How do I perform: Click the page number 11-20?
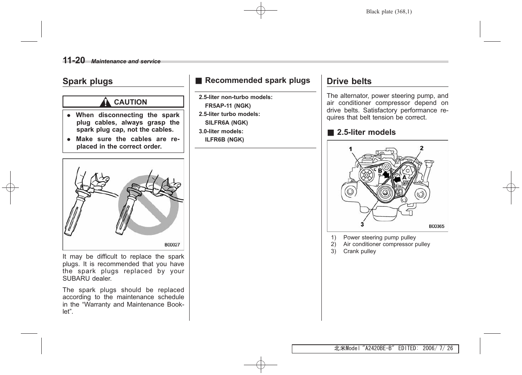point(74,60)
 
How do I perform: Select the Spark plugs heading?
point(87,81)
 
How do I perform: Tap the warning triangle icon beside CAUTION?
point(105,102)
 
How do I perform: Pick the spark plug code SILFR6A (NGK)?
point(226,123)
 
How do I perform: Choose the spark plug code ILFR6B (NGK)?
point(224,140)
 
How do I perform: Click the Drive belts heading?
point(349,81)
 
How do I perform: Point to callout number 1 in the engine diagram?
point(350,149)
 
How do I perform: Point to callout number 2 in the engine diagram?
point(422,148)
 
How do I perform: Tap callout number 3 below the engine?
point(362,224)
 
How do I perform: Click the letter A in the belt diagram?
point(404,178)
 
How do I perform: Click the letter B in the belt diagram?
point(380,171)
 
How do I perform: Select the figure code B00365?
point(436,226)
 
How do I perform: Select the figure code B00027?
point(172,244)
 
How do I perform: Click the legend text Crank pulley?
point(360,251)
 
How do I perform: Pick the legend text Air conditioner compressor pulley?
point(386,244)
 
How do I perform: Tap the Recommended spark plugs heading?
point(257,81)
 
